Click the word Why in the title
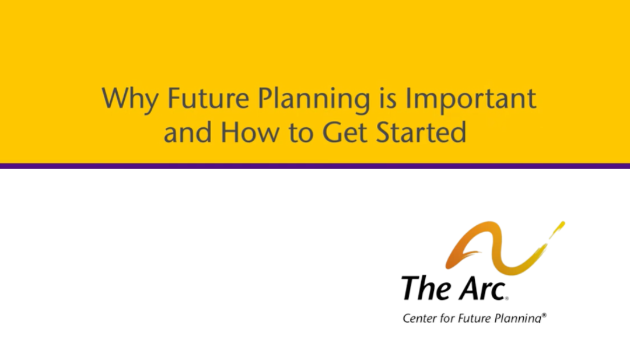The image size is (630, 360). (x=129, y=99)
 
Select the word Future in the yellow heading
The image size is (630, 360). (x=208, y=98)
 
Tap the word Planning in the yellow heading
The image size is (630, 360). (x=313, y=99)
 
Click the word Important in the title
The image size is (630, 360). (x=471, y=99)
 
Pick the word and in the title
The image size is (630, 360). (x=188, y=131)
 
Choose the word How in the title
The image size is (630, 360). (x=250, y=132)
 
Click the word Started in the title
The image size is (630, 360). (x=421, y=132)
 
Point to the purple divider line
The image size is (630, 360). (x=315, y=166)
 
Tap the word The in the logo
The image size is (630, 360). (x=426, y=288)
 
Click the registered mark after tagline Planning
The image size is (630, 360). (x=544, y=315)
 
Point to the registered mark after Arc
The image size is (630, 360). (x=507, y=298)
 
